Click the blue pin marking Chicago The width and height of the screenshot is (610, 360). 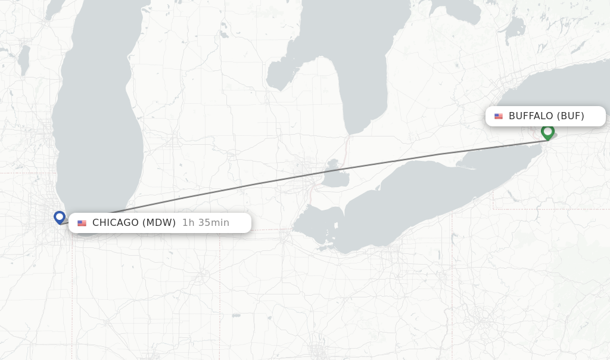point(59,217)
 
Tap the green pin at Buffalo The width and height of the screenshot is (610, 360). point(547,132)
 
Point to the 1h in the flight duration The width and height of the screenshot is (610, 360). point(188,223)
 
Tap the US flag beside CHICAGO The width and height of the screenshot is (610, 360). point(82,224)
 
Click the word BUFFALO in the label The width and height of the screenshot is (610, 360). point(530,116)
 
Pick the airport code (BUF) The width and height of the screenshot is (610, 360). point(570,116)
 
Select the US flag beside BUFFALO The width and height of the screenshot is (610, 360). point(499,116)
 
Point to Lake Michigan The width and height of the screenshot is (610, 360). point(98,119)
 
